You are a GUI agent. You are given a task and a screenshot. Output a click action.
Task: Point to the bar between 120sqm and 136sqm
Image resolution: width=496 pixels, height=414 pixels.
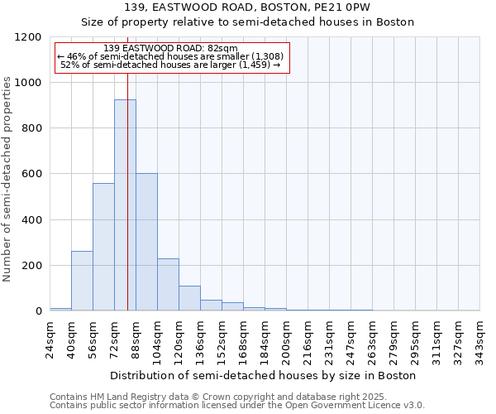[189, 298]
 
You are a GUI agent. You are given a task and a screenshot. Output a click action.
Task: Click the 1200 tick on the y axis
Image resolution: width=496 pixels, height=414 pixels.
[30, 37]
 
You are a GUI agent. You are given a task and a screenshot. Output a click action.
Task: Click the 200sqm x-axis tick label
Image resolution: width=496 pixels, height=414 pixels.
[286, 339]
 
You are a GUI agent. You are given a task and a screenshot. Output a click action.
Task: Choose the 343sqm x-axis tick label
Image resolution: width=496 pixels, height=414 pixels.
[479, 339]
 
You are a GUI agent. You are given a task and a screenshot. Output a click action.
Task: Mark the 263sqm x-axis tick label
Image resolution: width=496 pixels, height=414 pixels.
[372, 339]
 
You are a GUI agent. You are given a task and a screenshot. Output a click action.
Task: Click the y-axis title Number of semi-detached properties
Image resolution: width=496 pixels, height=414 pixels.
[7, 174]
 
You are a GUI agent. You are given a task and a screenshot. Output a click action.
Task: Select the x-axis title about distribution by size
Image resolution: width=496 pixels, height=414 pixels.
[264, 375]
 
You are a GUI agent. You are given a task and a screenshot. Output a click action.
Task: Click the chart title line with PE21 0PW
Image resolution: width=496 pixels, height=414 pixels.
[247, 7]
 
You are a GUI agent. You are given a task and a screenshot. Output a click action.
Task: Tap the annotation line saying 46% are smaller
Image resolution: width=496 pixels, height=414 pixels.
[171, 56]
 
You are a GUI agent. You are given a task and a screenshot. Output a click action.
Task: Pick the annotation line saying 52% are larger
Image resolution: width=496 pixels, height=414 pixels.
[171, 65]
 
